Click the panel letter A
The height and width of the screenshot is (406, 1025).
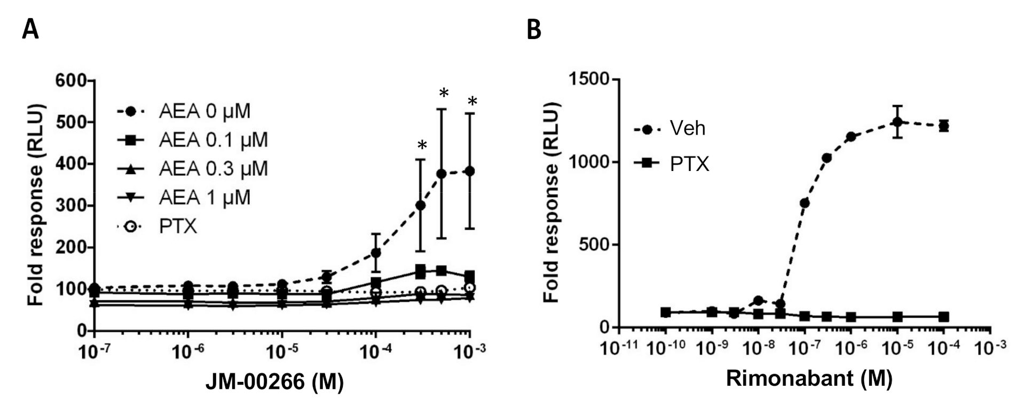(x=30, y=29)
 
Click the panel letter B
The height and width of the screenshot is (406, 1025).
(x=534, y=29)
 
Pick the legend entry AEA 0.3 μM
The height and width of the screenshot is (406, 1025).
(x=213, y=169)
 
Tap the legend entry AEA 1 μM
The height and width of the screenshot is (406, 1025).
(x=204, y=198)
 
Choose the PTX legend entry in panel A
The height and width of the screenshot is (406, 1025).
(x=178, y=227)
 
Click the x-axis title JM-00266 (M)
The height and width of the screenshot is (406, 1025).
(x=275, y=382)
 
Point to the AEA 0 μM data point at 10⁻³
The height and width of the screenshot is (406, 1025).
(x=470, y=171)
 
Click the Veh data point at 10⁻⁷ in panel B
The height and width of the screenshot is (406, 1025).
(x=805, y=203)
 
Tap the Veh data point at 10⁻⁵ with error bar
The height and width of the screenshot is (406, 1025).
(x=897, y=122)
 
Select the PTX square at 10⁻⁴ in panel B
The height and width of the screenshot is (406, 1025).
(x=944, y=317)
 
